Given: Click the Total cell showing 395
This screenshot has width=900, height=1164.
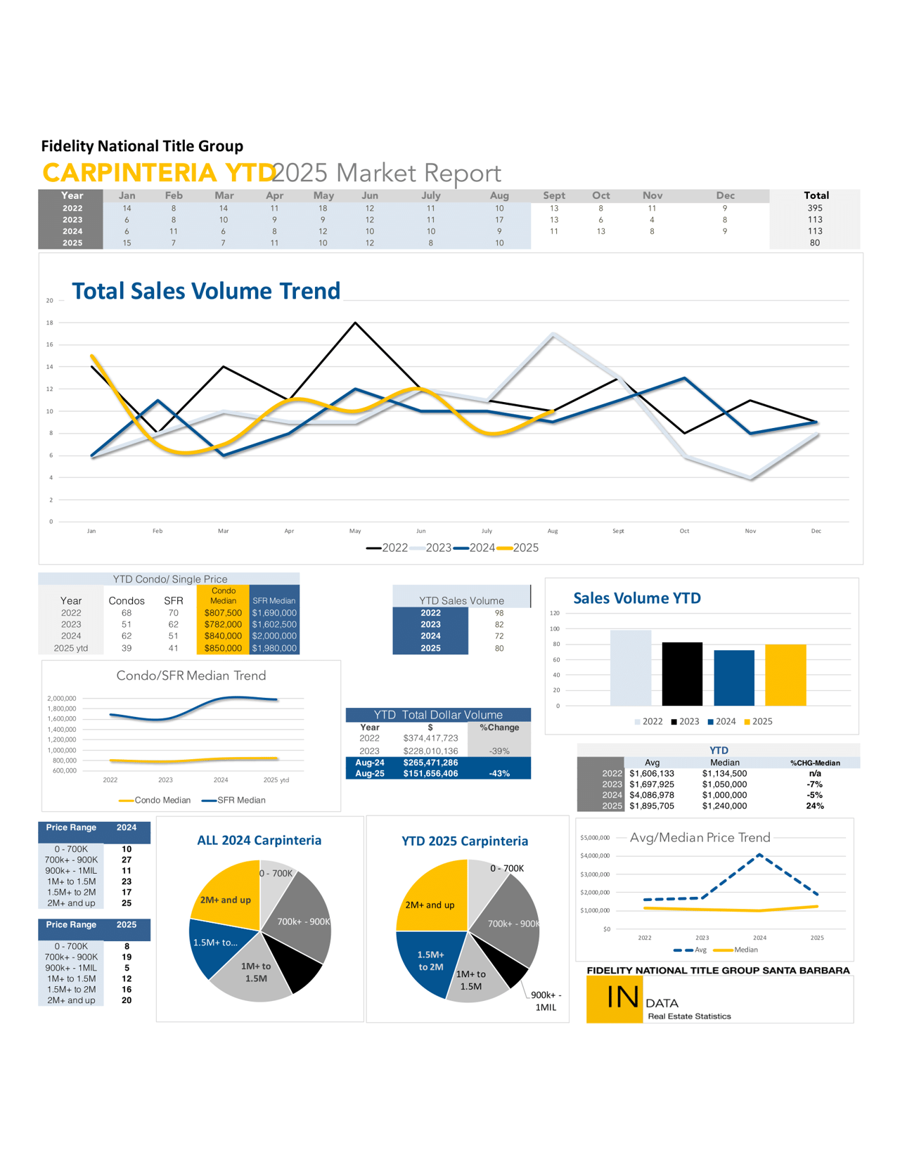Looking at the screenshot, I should point(815,208).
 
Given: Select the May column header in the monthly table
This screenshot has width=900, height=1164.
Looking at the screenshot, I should point(323,195).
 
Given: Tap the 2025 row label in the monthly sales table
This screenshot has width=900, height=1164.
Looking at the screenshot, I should point(72,242).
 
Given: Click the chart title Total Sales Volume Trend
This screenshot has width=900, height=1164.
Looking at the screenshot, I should point(206,291).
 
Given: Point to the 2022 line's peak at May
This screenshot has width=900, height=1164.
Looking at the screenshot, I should point(356,323).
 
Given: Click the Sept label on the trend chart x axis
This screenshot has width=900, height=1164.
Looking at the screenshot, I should point(618,531).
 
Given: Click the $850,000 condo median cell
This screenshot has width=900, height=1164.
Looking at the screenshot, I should point(223,648).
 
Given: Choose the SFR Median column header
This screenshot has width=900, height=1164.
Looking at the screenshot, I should point(274,600).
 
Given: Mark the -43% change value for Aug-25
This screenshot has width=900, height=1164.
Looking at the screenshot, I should point(499,773).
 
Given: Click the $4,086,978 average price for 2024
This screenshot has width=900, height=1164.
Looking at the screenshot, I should point(652,795).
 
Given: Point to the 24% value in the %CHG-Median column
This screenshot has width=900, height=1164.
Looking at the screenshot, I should point(815,806).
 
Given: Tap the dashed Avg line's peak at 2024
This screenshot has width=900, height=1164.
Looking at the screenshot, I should point(759,855).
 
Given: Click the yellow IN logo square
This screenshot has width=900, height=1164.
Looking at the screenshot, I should point(615,999).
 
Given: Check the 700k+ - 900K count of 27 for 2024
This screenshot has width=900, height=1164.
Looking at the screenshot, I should point(127,860).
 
